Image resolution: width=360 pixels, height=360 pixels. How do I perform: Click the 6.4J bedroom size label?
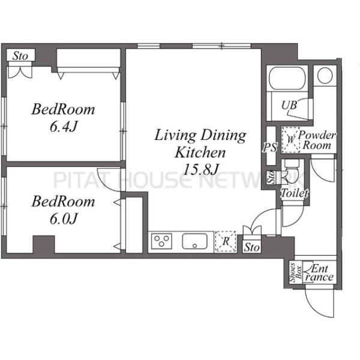(64, 127)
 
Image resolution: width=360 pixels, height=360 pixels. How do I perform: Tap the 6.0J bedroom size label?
(64, 218)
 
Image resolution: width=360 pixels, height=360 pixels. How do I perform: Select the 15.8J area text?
(200, 169)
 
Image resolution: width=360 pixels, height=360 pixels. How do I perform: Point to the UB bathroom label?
(289, 106)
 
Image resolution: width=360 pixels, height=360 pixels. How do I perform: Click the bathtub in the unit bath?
(287, 78)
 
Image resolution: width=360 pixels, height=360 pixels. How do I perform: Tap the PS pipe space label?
(270, 147)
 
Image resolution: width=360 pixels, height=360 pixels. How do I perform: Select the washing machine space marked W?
(290, 140)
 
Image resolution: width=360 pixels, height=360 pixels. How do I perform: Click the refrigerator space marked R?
(226, 241)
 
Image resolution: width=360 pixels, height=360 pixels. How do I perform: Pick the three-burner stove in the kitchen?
(161, 241)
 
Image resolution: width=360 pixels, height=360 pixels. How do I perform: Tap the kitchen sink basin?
(194, 241)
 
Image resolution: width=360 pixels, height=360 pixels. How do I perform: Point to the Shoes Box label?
(295, 272)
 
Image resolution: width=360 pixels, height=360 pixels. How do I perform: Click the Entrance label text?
(319, 272)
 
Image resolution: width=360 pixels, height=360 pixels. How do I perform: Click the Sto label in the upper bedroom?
(20, 56)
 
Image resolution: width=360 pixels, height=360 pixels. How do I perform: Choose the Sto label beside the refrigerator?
(252, 247)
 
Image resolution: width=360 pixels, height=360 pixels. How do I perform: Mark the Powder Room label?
(317, 140)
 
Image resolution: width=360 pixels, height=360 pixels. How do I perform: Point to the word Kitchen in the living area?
(200, 152)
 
